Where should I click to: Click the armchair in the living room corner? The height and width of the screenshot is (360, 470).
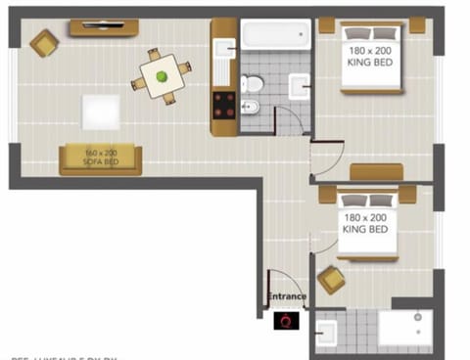[x=43, y=42]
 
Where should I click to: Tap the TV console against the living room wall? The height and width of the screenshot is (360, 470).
[x=104, y=27]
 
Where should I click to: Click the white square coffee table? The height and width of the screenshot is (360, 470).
[x=101, y=110]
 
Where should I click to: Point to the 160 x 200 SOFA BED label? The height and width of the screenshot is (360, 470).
[x=100, y=157]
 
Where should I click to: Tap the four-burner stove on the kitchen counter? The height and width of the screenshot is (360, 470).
[x=224, y=105]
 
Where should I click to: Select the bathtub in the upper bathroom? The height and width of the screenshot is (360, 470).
[x=276, y=35]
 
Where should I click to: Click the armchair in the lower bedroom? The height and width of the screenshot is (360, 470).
[x=331, y=280]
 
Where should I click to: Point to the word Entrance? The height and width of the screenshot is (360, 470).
[x=287, y=296]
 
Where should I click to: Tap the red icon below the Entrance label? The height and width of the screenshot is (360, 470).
[x=287, y=319]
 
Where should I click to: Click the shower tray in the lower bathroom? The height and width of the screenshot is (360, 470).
[x=404, y=329]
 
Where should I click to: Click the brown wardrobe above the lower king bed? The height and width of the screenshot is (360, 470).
[x=376, y=173]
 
